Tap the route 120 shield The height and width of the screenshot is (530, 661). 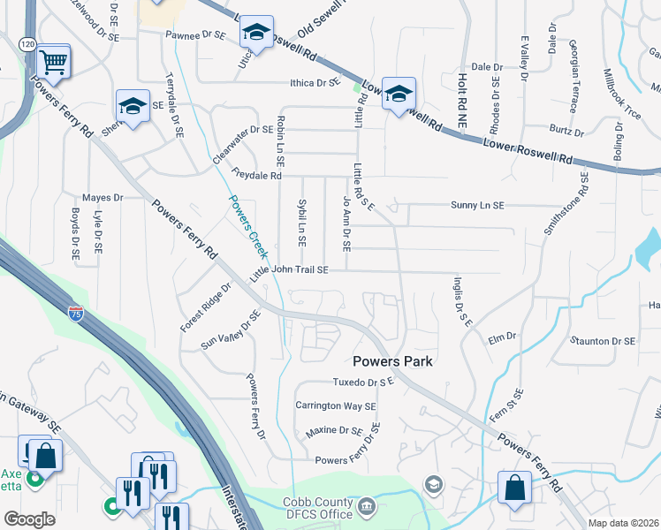[28, 43]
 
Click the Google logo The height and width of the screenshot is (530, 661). [30, 519]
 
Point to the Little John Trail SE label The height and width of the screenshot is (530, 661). [289, 271]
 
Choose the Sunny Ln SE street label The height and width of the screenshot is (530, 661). [476, 205]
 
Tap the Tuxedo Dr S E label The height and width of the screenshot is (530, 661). [361, 382]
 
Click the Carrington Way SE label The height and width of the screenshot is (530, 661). [336, 406]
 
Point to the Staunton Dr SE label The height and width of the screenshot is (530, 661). [603, 340]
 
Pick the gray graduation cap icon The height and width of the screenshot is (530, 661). [433, 483]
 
